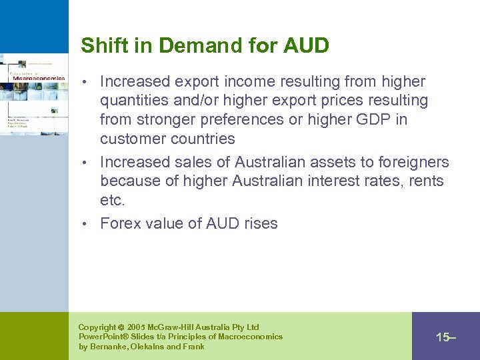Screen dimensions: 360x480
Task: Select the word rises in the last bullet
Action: click(260, 224)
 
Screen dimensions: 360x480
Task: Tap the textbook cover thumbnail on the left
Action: click(33, 93)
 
